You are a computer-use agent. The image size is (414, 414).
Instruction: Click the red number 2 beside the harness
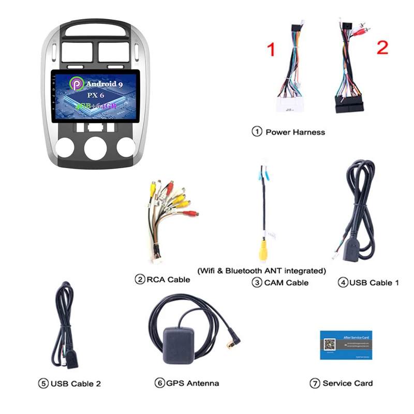[x=382, y=47]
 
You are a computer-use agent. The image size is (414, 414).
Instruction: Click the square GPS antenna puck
[x=179, y=344]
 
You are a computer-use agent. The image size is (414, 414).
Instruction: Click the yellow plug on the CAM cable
[x=264, y=249]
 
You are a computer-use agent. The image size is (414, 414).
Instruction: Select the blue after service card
[x=346, y=345]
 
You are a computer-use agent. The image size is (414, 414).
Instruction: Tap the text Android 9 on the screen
[x=104, y=83]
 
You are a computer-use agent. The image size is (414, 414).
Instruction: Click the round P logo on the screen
[x=76, y=84]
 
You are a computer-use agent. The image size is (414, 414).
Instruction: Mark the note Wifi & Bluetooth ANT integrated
[x=262, y=271]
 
